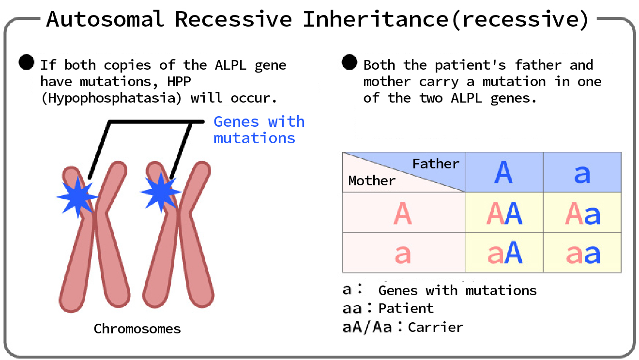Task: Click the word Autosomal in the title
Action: pyautogui.click(x=105, y=19)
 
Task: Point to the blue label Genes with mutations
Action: pyautogui.click(x=259, y=130)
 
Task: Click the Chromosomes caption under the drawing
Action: pyautogui.click(x=137, y=329)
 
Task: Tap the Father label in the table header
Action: pyautogui.click(x=435, y=164)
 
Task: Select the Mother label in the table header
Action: pyautogui.click(x=372, y=181)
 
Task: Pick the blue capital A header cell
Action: pyautogui.click(x=503, y=173)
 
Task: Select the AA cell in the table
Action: pyautogui.click(x=504, y=213)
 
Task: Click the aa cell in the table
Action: pyautogui.click(x=582, y=254)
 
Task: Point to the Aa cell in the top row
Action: pyautogui.click(x=582, y=213)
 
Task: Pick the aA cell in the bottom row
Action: pyautogui.click(x=504, y=253)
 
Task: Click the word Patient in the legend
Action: pyautogui.click(x=406, y=308)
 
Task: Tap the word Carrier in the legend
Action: pyautogui.click(x=435, y=327)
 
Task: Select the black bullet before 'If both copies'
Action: pyautogui.click(x=26, y=62)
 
